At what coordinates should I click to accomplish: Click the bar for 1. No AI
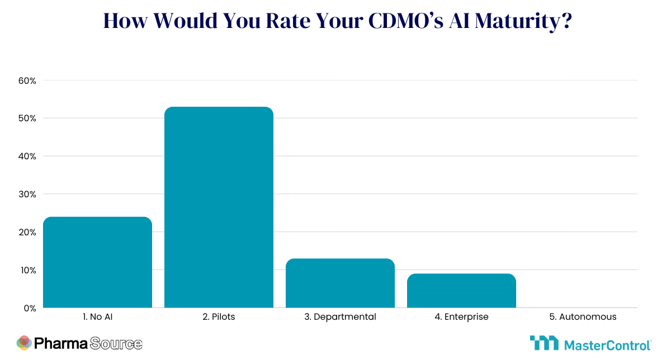pos(97,262)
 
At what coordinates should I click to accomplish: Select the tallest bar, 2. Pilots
pos(219,207)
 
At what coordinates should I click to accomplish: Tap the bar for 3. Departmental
pos(340,283)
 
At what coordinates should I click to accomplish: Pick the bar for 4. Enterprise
pos(461,291)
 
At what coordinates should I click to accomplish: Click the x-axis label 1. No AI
pos(97,317)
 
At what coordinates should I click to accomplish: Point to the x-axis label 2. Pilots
pos(219,317)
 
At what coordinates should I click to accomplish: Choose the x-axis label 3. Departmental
pos(340,317)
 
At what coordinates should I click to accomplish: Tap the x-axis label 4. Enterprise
pos(461,317)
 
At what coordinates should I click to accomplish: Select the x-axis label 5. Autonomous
pos(583,317)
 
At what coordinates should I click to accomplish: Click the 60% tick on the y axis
pos(27,80)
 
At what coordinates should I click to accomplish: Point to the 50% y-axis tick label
pos(27,119)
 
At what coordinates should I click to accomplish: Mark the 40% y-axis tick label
pos(27,157)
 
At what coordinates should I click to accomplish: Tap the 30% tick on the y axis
pos(27,195)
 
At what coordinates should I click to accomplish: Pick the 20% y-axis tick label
pos(27,233)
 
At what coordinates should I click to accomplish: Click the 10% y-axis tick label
pos(27,270)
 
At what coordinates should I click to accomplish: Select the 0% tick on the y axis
pos(29,308)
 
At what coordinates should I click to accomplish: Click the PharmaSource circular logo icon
pos(24,343)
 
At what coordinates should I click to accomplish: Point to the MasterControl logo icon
pos(544,343)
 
